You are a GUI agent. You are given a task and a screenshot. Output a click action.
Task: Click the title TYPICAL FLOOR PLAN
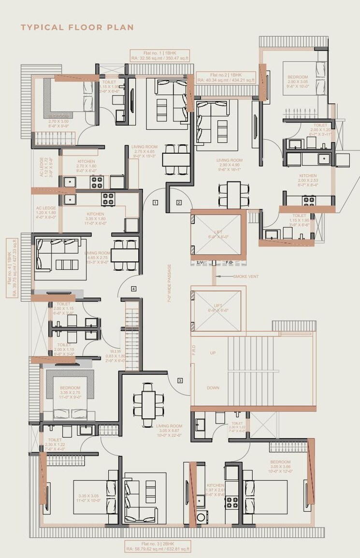pyautogui.click(x=77, y=28)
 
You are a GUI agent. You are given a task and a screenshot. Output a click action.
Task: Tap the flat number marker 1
pyautogui.click(x=155, y=202)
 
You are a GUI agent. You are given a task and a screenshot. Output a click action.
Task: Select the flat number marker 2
pyautogui.click(x=179, y=202)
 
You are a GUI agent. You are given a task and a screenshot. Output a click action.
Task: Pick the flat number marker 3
pyautogui.click(x=180, y=380)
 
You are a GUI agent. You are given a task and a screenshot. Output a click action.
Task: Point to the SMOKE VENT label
pyautogui.click(x=246, y=276)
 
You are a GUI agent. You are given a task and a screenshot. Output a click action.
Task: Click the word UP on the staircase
pyautogui.click(x=213, y=353)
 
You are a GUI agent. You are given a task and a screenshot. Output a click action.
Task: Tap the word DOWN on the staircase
pyautogui.click(x=213, y=387)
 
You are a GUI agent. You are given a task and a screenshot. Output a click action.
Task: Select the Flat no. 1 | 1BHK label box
pyautogui.click(x=159, y=55)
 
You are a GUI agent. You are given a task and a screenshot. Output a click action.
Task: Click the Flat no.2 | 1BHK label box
pyautogui.click(x=226, y=77)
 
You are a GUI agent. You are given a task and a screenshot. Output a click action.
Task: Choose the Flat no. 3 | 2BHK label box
pyautogui.click(x=157, y=546)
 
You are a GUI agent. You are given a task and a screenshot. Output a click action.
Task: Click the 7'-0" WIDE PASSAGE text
pyautogui.click(x=170, y=283)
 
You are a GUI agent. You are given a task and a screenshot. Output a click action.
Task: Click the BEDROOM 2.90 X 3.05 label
pyautogui.click(x=298, y=82)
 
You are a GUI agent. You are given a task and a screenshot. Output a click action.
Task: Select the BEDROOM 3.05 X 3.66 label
pyautogui.click(x=281, y=466)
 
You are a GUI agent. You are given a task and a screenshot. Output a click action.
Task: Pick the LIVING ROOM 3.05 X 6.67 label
pyautogui.click(x=169, y=429)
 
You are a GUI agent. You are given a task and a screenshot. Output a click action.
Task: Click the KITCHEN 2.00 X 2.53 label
pyautogui.click(x=308, y=180)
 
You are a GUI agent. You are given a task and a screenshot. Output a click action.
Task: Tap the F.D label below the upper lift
pyautogui.click(x=229, y=262)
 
